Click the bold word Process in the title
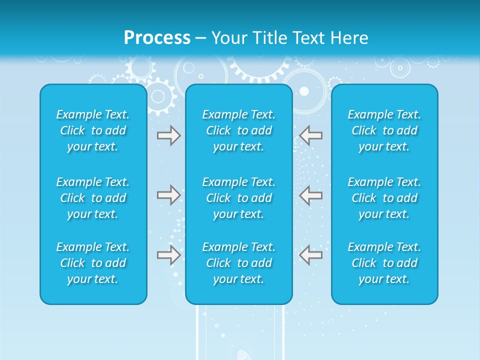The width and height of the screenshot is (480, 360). click(157, 38)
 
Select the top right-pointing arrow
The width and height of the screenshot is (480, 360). click(169, 135)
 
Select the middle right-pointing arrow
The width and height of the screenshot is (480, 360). click(169, 194)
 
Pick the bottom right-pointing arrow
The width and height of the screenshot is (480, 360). click(169, 254)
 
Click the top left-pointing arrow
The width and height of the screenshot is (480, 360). click(310, 135)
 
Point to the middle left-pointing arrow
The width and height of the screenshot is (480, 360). click(310, 194)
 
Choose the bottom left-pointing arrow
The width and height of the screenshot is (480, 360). click(310, 254)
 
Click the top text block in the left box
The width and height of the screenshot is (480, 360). click(93, 130)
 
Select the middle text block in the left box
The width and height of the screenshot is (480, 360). click(93, 198)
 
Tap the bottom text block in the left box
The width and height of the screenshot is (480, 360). click(93, 263)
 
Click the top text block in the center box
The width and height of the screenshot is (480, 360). click(239, 130)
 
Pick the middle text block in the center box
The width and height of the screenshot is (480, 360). click(239, 198)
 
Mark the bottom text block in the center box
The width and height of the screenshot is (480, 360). click(239, 263)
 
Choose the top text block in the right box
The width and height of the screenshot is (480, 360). click(384, 130)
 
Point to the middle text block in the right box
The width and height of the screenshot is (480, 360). click(384, 198)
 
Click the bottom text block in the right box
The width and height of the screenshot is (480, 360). click(384, 263)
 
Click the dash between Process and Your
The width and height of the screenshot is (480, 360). click(201, 38)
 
